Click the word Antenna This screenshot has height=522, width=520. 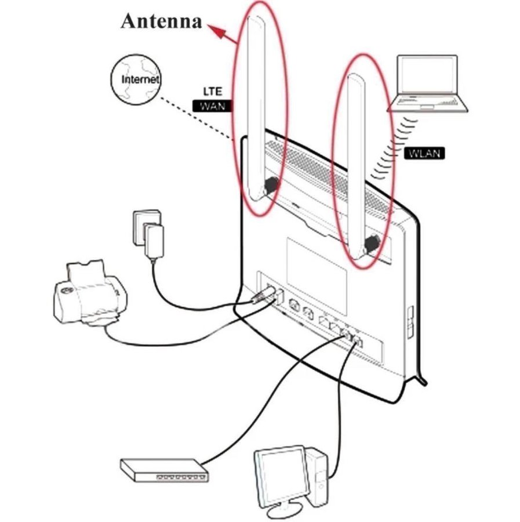click(x=162, y=21)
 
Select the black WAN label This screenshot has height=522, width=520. click(x=212, y=106)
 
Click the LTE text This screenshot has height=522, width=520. click(x=212, y=92)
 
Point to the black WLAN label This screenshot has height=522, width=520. click(x=424, y=153)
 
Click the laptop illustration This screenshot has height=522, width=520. click(x=428, y=84)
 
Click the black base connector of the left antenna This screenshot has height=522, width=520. click(x=269, y=186)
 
